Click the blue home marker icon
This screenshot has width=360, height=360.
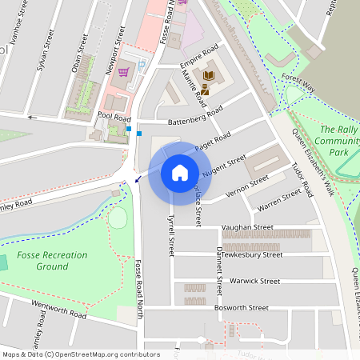coord(180,172)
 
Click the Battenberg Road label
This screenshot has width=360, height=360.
coord(195,118)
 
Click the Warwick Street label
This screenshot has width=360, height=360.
coord(254,281)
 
